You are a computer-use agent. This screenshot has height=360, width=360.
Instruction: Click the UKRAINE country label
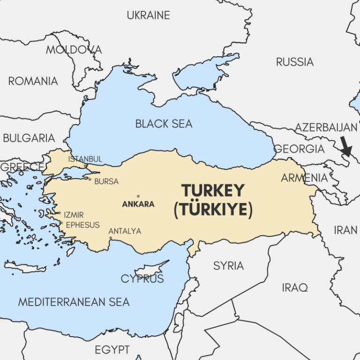pyautogui.click(x=148, y=15)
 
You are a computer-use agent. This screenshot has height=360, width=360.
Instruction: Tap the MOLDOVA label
pyautogui.click(x=74, y=49)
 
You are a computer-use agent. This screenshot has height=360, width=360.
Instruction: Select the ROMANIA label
pyautogui.click(x=33, y=81)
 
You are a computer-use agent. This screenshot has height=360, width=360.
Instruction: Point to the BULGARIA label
pyautogui.click(x=29, y=138)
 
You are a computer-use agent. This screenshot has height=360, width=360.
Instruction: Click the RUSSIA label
pyautogui.click(x=294, y=61)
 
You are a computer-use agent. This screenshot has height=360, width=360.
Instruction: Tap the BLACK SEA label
pyautogui.click(x=164, y=124)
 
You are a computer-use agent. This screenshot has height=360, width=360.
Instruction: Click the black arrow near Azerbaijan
pyautogui.click(x=346, y=147)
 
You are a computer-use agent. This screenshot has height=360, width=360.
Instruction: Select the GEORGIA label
pyautogui.click(x=299, y=149)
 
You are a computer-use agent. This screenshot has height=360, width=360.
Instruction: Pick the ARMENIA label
pyautogui.click(x=304, y=178)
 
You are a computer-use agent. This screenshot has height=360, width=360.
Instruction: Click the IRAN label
pyautogui.click(x=345, y=230)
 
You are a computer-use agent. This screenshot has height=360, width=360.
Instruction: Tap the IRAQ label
pyautogui.click(x=295, y=287)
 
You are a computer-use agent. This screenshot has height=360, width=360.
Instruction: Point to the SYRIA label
pyautogui.click(x=228, y=266)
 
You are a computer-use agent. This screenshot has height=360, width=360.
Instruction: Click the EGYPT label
pyautogui.click(x=112, y=350)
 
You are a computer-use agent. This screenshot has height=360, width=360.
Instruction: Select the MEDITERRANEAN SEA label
pyautogui.click(x=74, y=302)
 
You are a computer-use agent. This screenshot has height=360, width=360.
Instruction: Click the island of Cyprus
pyautogui.click(x=151, y=270)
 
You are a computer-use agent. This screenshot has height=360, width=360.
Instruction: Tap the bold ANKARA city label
pyautogui.click(x=138, y=204)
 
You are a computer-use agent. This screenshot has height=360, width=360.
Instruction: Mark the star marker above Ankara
pyautogui.click(x=138, y=196)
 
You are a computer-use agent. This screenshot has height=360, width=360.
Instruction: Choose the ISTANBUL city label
pyautogui.click(x=85, y=159)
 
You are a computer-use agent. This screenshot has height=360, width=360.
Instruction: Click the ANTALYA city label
pyautogui.click(x=125, y=231)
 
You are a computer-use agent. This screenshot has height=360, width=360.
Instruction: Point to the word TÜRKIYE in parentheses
pyautogui.click(x=213, y=210)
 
